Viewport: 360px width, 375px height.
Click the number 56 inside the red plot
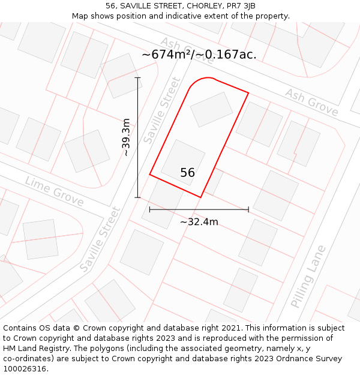point(187,173)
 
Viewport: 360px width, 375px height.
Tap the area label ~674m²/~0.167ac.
point(199,55)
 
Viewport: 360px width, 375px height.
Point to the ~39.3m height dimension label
point(126,137)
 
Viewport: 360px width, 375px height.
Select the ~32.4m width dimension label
point(199,222)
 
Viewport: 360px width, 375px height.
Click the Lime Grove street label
point(55,191)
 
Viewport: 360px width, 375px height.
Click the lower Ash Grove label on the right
point(311,102)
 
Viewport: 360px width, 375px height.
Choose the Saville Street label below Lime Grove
point(100,238)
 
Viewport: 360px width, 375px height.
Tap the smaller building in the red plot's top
point(211,109)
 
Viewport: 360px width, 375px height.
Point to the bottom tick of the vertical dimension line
point(138,197)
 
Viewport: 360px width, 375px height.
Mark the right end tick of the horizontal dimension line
point(248,209)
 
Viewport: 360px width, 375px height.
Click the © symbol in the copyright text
point(76,328)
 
